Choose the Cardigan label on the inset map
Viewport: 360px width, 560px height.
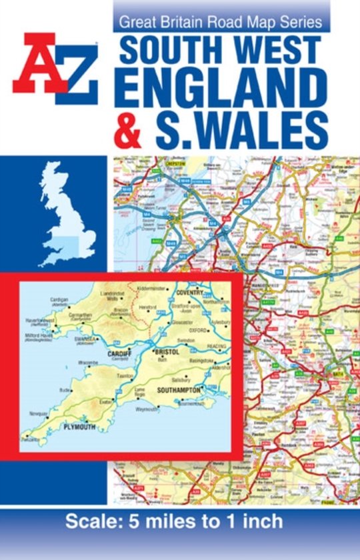(59, 299)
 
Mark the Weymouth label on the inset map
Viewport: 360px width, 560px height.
(148, 409)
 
